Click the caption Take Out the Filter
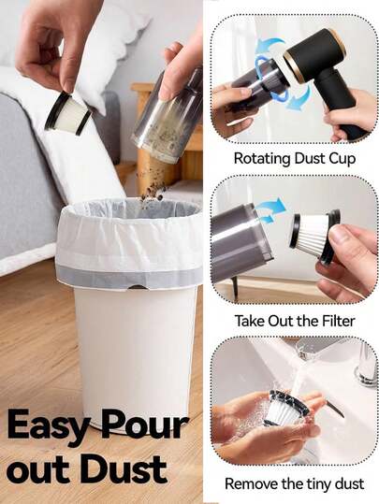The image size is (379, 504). pyautogui.click(x=294, y=321)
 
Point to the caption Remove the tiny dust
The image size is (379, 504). pyautogui.click(x=294, y=484)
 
